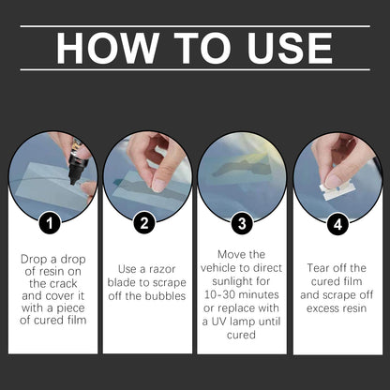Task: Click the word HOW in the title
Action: pos(107,49)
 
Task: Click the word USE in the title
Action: pos(290,49)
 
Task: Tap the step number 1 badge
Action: pos(50,223)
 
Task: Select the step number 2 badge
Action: pos(144,223)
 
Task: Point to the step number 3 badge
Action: pos(242,223)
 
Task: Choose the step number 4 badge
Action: pos(337,224)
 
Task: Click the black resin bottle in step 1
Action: pos(75,162)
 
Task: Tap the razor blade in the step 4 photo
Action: pos(336,190)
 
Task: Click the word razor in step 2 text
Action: pos(162,269)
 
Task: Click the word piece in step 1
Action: pos(70,308)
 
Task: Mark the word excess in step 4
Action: pos(322,308)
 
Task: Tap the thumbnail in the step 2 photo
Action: pos(158,185)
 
